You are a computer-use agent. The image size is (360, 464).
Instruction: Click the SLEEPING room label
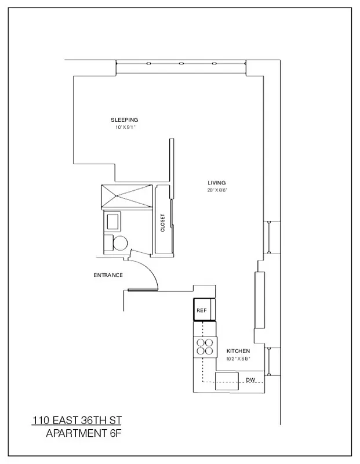click(125, 120)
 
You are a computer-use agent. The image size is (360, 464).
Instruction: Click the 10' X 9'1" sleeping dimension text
click(125, 127)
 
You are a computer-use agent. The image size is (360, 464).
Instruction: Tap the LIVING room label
click(217, 182)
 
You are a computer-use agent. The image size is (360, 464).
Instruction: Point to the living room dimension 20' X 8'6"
click(217, 190)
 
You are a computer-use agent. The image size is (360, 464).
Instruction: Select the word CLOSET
click(163, 223)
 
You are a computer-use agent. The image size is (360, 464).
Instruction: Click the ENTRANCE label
click(108, 275)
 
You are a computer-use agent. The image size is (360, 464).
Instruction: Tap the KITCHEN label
click(238, 351)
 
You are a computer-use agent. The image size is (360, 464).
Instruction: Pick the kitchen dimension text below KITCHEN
click(238, 358)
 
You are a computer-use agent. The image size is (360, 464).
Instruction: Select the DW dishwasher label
click(250, 380)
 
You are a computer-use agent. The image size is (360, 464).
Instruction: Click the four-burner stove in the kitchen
click(203, 347)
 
